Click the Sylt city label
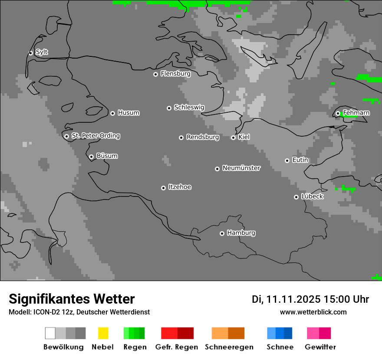click(42, 52)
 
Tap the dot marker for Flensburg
click(155, 74)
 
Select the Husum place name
click(128, 113)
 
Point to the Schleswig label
click(189, 107)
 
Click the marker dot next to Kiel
click(233, 137)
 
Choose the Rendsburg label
click(203, 137)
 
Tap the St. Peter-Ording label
click(95, 136)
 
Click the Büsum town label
click(107, 156)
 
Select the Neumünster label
click(241, 168)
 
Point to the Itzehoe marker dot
click(163, 188)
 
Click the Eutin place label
click(300, 160)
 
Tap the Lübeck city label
click(312, 196)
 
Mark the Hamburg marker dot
click(222, 233)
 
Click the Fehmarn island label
click(356, 113)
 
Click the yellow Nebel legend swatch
click(103, 333)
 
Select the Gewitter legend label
click(320, 347)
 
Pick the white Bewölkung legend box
click(50, 333)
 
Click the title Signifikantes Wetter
click(72, 299)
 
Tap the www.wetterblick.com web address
click(313, 312)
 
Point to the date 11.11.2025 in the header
click(293, 299)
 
